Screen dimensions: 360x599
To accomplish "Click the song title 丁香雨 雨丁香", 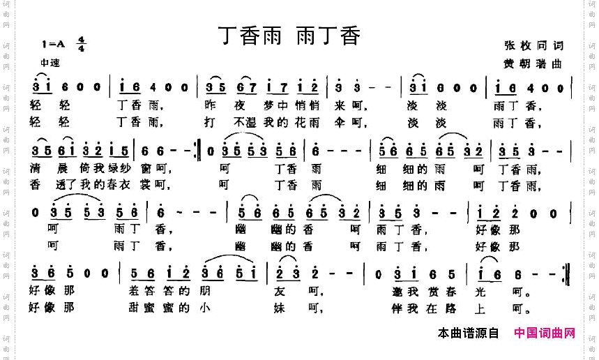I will click(289, 35).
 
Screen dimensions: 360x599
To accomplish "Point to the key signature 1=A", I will click(53, 45).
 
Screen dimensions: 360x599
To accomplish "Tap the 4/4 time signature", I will click(82, 44).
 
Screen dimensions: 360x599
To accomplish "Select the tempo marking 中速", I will click(50, 63).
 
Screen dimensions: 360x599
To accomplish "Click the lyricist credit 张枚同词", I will click(533, 45).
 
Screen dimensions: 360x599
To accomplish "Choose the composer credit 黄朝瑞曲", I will click(533, 63).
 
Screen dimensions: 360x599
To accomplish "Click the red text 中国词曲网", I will click(545, 333).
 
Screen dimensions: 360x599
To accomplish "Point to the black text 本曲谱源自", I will click(468, 333).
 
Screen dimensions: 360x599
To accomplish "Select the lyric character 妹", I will click(286, 307).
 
